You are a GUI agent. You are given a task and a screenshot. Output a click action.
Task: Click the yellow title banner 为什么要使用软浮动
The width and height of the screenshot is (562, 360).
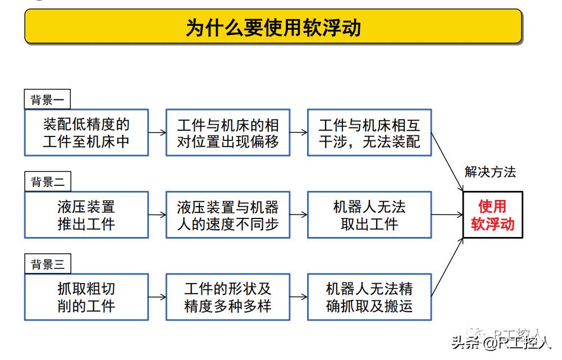(x=273, y=27)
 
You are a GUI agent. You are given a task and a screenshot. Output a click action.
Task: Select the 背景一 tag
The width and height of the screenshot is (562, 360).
(x=48, y=100)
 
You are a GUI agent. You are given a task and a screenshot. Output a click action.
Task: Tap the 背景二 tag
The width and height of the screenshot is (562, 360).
(x=48, y=182)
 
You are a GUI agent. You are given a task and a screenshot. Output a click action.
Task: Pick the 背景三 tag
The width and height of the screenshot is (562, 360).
(x=48, y=264)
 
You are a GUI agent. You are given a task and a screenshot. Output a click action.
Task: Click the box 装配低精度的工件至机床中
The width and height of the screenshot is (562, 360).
(x=86, y=133)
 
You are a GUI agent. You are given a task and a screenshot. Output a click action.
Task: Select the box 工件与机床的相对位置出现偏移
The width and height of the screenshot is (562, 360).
(x=228, y=133)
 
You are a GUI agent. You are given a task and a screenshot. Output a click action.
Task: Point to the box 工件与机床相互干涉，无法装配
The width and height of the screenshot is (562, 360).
(x=369, y=133)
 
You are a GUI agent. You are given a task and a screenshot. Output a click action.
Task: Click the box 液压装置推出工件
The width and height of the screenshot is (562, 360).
(x=86, y=215)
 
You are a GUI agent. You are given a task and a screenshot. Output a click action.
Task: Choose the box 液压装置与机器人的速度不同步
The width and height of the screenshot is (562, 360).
(x=228, y=215)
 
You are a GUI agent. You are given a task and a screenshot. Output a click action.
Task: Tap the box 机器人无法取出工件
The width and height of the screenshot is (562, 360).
(x=369, y=215)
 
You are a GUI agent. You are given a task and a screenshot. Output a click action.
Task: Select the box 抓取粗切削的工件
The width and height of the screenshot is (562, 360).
(x=86, y=297)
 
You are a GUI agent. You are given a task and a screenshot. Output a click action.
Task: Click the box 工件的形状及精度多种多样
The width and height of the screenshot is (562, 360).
(x=228, y=297)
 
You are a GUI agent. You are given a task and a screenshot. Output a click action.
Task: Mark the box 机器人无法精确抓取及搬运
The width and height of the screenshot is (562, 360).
(x=369, y=297)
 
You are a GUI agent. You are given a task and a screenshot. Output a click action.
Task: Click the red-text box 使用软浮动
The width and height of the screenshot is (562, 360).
(x=492, y=215)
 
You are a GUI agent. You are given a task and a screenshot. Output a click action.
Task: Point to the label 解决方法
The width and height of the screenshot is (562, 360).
(x=490, y=172)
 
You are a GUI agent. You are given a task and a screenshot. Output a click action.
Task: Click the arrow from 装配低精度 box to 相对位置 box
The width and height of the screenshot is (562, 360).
(x=157, y=133)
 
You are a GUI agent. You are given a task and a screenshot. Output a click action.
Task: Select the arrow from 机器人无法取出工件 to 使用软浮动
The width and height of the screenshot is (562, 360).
(x=447, y=215)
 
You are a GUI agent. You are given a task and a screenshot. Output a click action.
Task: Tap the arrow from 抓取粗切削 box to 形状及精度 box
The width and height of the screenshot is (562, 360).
(x=157, y=297)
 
